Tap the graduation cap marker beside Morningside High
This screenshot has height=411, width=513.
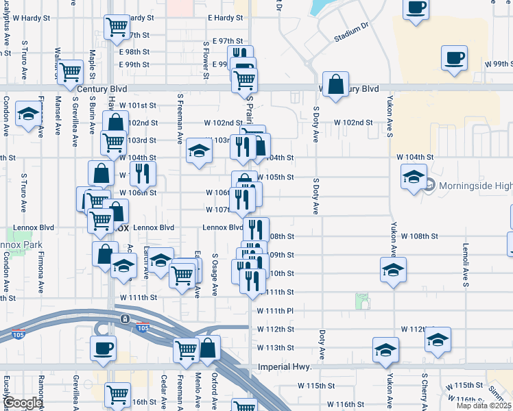pos(414,177)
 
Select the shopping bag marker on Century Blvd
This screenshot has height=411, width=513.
pos(335,86)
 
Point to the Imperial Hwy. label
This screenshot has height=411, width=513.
pos(285,367)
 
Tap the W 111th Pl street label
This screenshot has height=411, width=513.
pos(275,311)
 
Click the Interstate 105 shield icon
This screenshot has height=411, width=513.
pos(143,327)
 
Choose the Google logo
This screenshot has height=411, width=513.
pos(22,403)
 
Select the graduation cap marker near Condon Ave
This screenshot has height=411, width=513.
pos(28,114)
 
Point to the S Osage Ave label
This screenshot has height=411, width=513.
pos(215,275)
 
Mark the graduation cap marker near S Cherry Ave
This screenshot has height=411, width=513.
pos(437,339)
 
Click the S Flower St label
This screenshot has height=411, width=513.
pos(205,60)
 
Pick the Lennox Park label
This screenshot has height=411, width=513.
pos(21,245)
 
